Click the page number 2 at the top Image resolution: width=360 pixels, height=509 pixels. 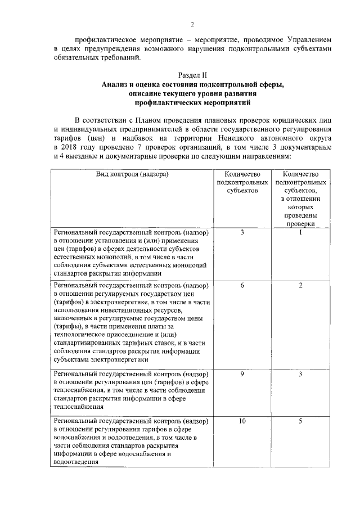(x=191, y=24)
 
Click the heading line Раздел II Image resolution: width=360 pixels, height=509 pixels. (x=192, y=75)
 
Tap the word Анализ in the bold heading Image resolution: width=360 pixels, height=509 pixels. (x=117, y=85)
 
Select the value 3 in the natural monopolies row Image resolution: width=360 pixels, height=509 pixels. (x=242, y=232)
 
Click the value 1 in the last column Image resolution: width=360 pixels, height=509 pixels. (x=301, y=232)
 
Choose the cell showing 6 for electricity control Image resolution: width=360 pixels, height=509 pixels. (x=242, y=286)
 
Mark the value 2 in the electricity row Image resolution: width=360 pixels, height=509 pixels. (x=301, y=286)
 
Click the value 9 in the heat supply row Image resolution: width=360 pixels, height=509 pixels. (x=242, y=374)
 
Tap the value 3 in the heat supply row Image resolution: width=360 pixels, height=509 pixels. (x=301, y=374)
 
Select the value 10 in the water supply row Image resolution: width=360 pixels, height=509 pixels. (x=242, y=421)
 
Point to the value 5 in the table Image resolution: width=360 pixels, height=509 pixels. (x=301, y=421)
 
